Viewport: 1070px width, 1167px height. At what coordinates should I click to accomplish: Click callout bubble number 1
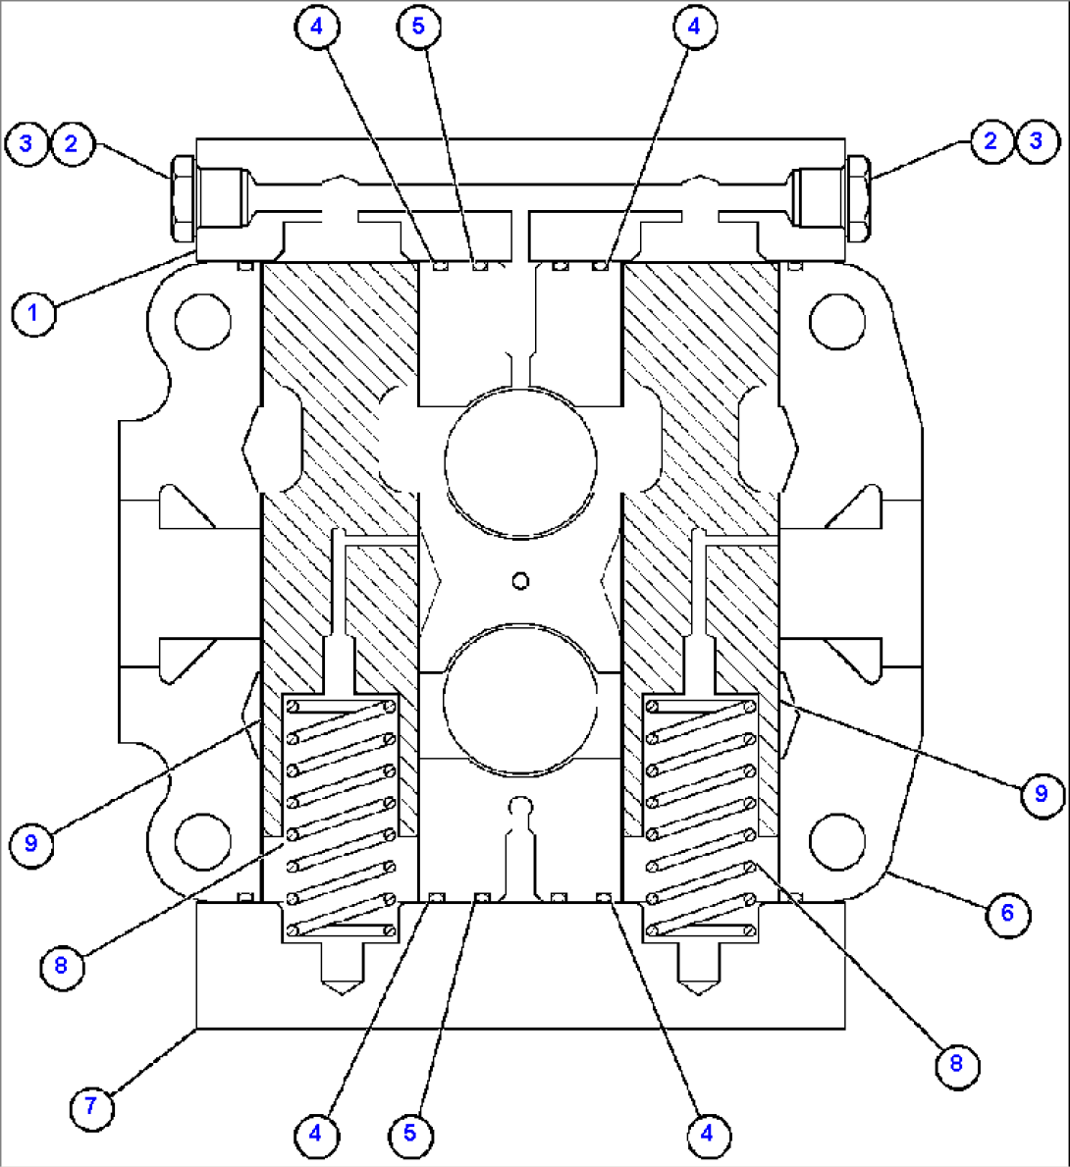(x=34, y=314)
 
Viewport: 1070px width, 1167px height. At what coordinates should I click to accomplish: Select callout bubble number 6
(x=1007, y=914)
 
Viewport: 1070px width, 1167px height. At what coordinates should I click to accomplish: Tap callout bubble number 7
(x=91, y=1106)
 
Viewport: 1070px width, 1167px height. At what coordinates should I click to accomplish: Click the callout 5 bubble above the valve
(x=418, y=27)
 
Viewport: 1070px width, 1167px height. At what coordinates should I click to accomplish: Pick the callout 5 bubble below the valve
(x=409, y=1134)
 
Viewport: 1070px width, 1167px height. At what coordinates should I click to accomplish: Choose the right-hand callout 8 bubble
(x=957, y=1064)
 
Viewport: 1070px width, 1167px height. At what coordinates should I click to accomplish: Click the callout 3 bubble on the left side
(x=26, y=143)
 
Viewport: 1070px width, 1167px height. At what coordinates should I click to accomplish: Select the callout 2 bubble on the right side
(x=991, y=140)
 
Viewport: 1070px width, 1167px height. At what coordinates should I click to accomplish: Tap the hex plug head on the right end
(x=856, y=198)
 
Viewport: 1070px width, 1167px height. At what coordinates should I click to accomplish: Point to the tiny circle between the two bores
(x=521, y=581)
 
